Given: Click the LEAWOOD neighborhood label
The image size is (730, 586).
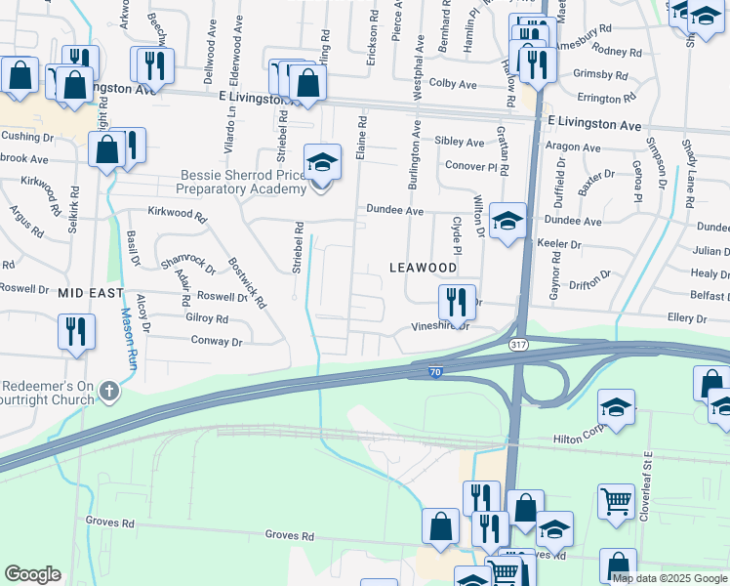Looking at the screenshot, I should (423, 267).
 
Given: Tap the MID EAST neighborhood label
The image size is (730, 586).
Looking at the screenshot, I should (90, 292).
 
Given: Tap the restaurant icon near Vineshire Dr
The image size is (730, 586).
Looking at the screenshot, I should (456, 303).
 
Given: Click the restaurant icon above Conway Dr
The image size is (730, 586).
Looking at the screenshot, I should (75, 333).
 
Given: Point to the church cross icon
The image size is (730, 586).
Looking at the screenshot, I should (109, 393).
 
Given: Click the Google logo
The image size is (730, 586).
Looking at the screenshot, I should (32, 574).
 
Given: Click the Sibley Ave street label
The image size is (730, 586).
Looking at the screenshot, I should (459, 142).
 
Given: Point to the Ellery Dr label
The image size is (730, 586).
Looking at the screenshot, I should (687, 318).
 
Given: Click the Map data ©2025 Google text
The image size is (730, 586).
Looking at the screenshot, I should (670, 577).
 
